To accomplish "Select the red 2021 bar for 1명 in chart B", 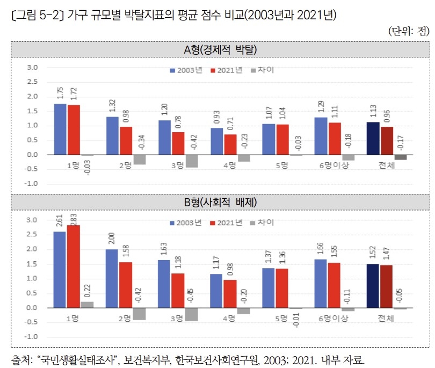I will (x=73, y=266).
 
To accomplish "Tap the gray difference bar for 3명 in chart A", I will (x=192, y=161).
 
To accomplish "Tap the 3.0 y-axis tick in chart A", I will (x=32, y=68).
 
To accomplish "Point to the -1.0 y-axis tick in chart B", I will (x=32, y=337).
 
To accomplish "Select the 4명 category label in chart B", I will (x=230, y=319).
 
